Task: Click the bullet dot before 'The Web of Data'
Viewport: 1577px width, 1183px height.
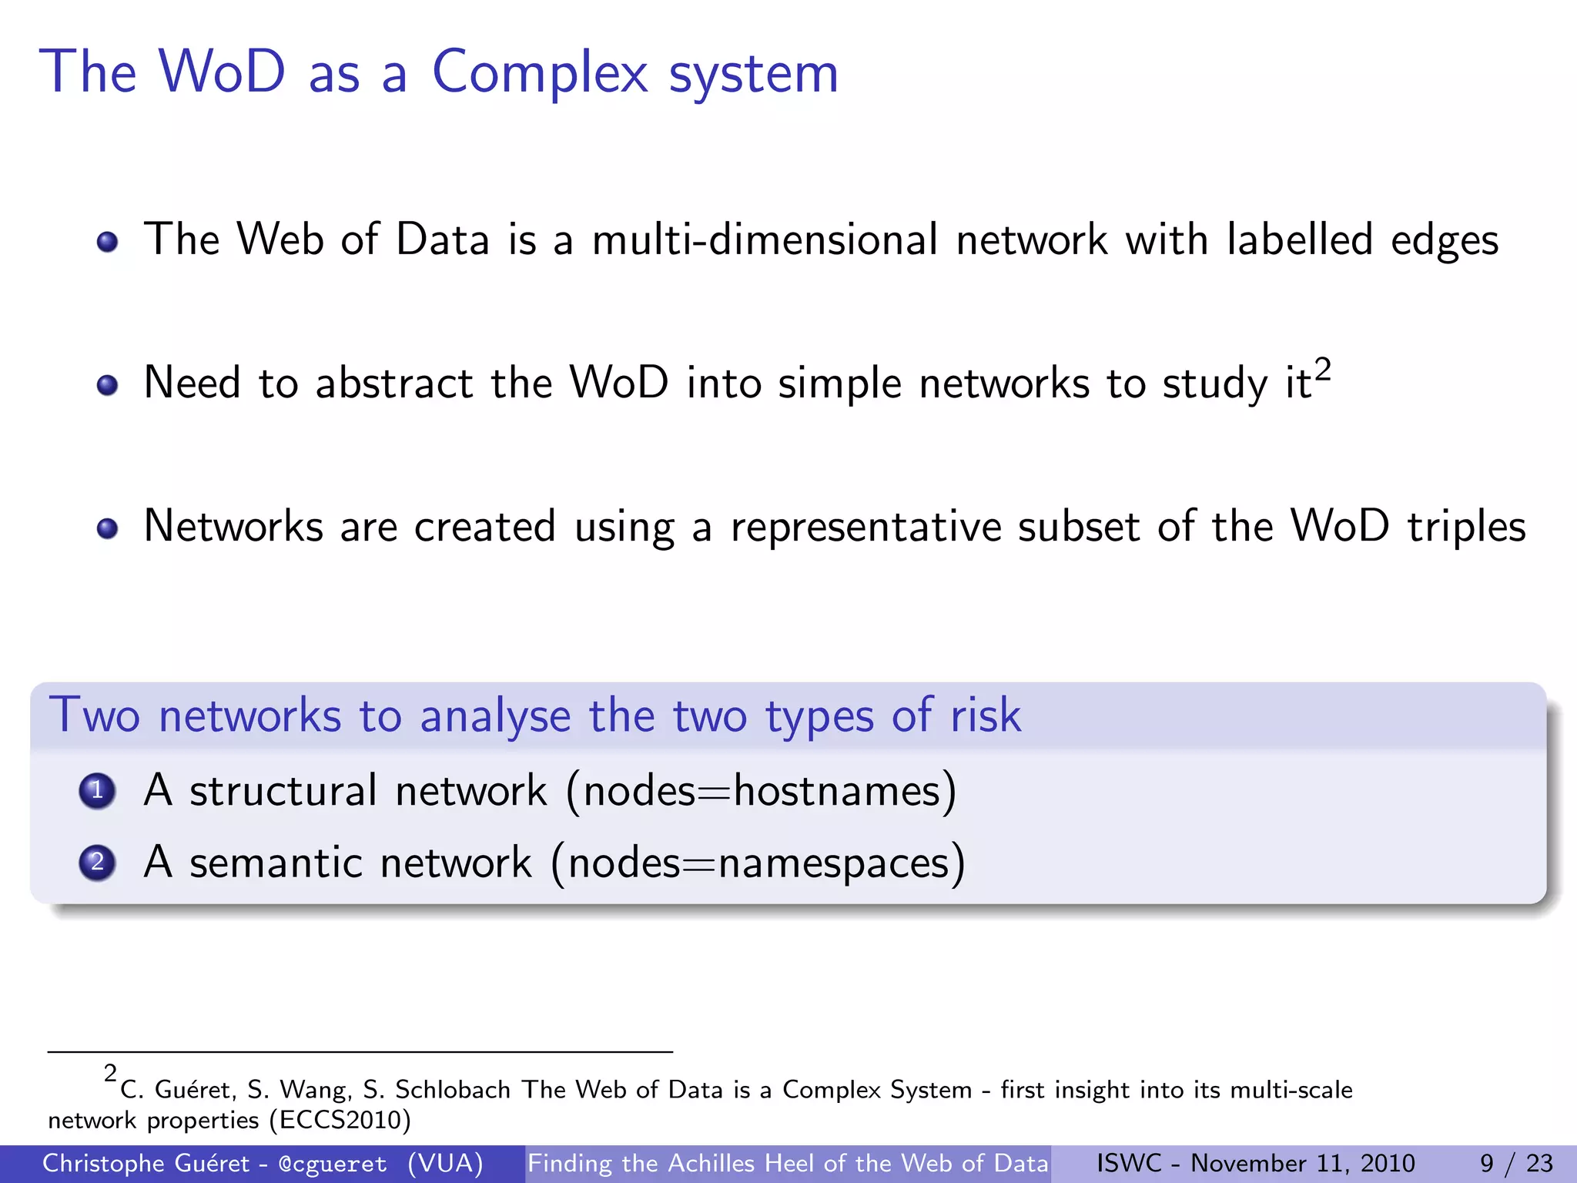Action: (108, 242)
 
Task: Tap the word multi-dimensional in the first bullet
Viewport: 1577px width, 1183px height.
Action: (765, 240)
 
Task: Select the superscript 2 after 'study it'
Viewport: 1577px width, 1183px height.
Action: (1322, 370)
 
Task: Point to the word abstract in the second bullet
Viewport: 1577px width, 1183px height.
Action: (393, 383)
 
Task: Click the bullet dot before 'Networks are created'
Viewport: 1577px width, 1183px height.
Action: (108, 529)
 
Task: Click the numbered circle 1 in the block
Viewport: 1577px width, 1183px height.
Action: (97, 791)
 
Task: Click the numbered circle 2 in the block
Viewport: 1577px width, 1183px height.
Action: (97, 863)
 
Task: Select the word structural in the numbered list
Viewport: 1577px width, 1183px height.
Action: (283, 791)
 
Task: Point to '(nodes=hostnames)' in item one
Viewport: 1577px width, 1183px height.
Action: (762, 792)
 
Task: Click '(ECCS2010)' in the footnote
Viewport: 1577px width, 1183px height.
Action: (340, 1120)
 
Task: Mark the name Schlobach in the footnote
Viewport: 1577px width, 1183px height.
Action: (453, 1090)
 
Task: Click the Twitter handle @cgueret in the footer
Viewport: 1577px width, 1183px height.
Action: (333, 1164)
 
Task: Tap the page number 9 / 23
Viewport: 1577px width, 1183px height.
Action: (1516, 1163)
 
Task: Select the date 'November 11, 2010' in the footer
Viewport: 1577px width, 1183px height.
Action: (1303, 1163)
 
